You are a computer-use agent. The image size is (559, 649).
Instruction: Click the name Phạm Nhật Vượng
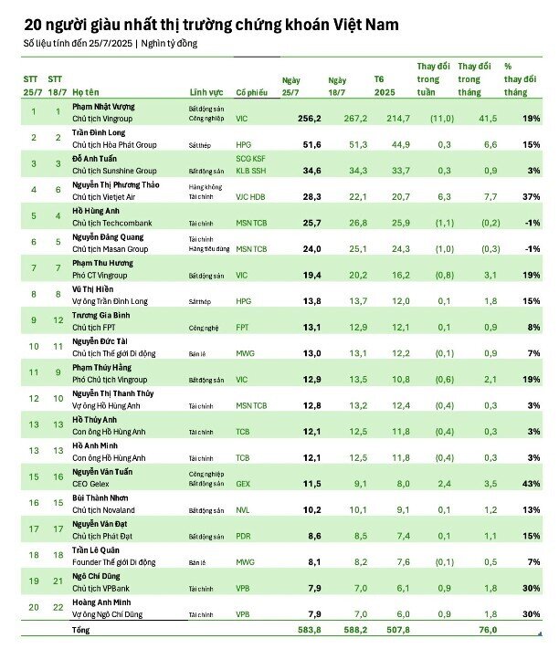point(103,107)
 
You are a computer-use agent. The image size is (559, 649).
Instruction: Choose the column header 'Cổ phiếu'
point(252,93)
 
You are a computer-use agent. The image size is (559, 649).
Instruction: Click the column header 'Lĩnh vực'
point(206,93)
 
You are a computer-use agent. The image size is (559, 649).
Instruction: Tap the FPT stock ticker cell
point(242,327)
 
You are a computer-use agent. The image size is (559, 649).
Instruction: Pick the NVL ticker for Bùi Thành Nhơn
point(242,510)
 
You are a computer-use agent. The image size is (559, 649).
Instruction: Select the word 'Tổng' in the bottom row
point(81,630)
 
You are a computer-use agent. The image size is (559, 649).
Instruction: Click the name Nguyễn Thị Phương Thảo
point(116,185)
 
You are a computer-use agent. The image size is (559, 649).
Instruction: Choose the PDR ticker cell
point(242,537)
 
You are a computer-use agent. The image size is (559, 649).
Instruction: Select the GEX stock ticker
point(242,484)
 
